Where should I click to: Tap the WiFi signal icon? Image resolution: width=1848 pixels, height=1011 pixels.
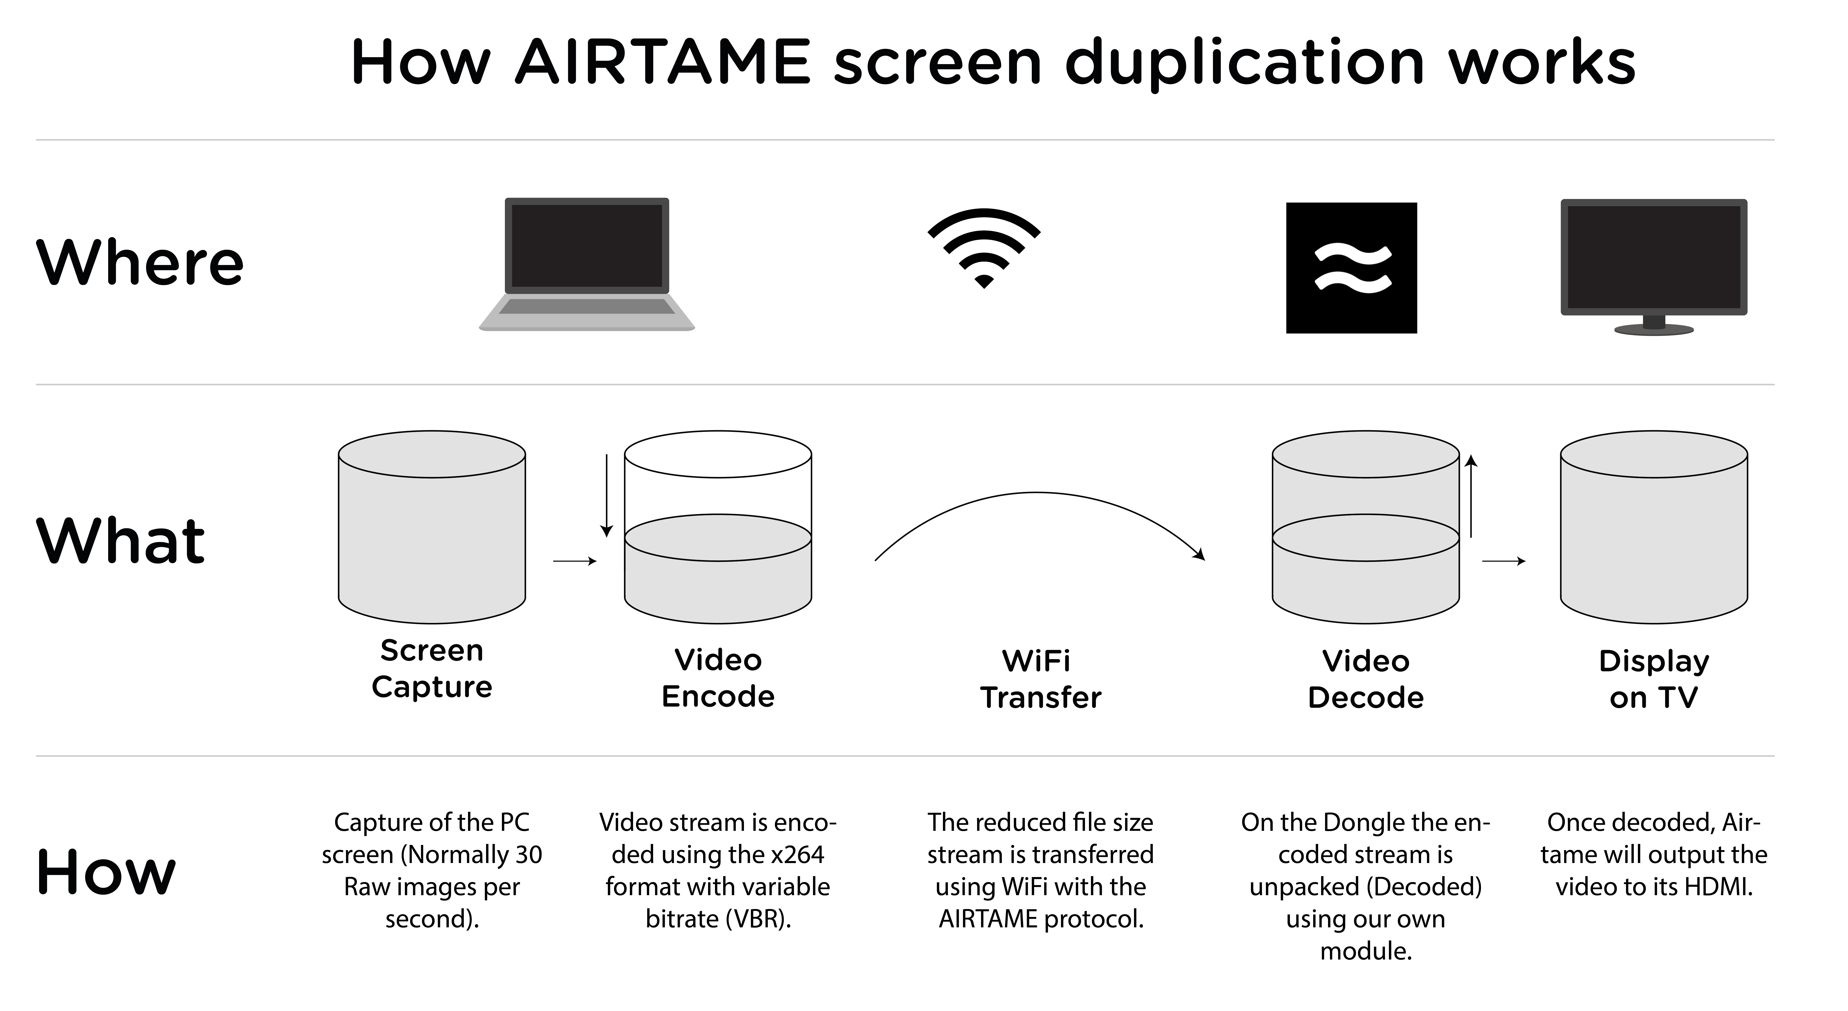[x=984, y=247]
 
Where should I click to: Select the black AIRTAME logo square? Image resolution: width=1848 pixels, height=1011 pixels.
[x=1351, y=268]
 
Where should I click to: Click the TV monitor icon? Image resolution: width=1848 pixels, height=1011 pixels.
[x=1653, y=266]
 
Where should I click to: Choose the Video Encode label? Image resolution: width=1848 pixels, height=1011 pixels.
[x=718, y=678]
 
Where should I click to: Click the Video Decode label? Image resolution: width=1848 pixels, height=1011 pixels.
[x=1365, y=679]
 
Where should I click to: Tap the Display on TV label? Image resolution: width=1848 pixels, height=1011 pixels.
[x=1653, y=679]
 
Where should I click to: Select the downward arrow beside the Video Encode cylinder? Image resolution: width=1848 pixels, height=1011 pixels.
[x=607, y=495]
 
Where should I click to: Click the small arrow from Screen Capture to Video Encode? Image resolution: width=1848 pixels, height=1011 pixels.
[x=575, y=561]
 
